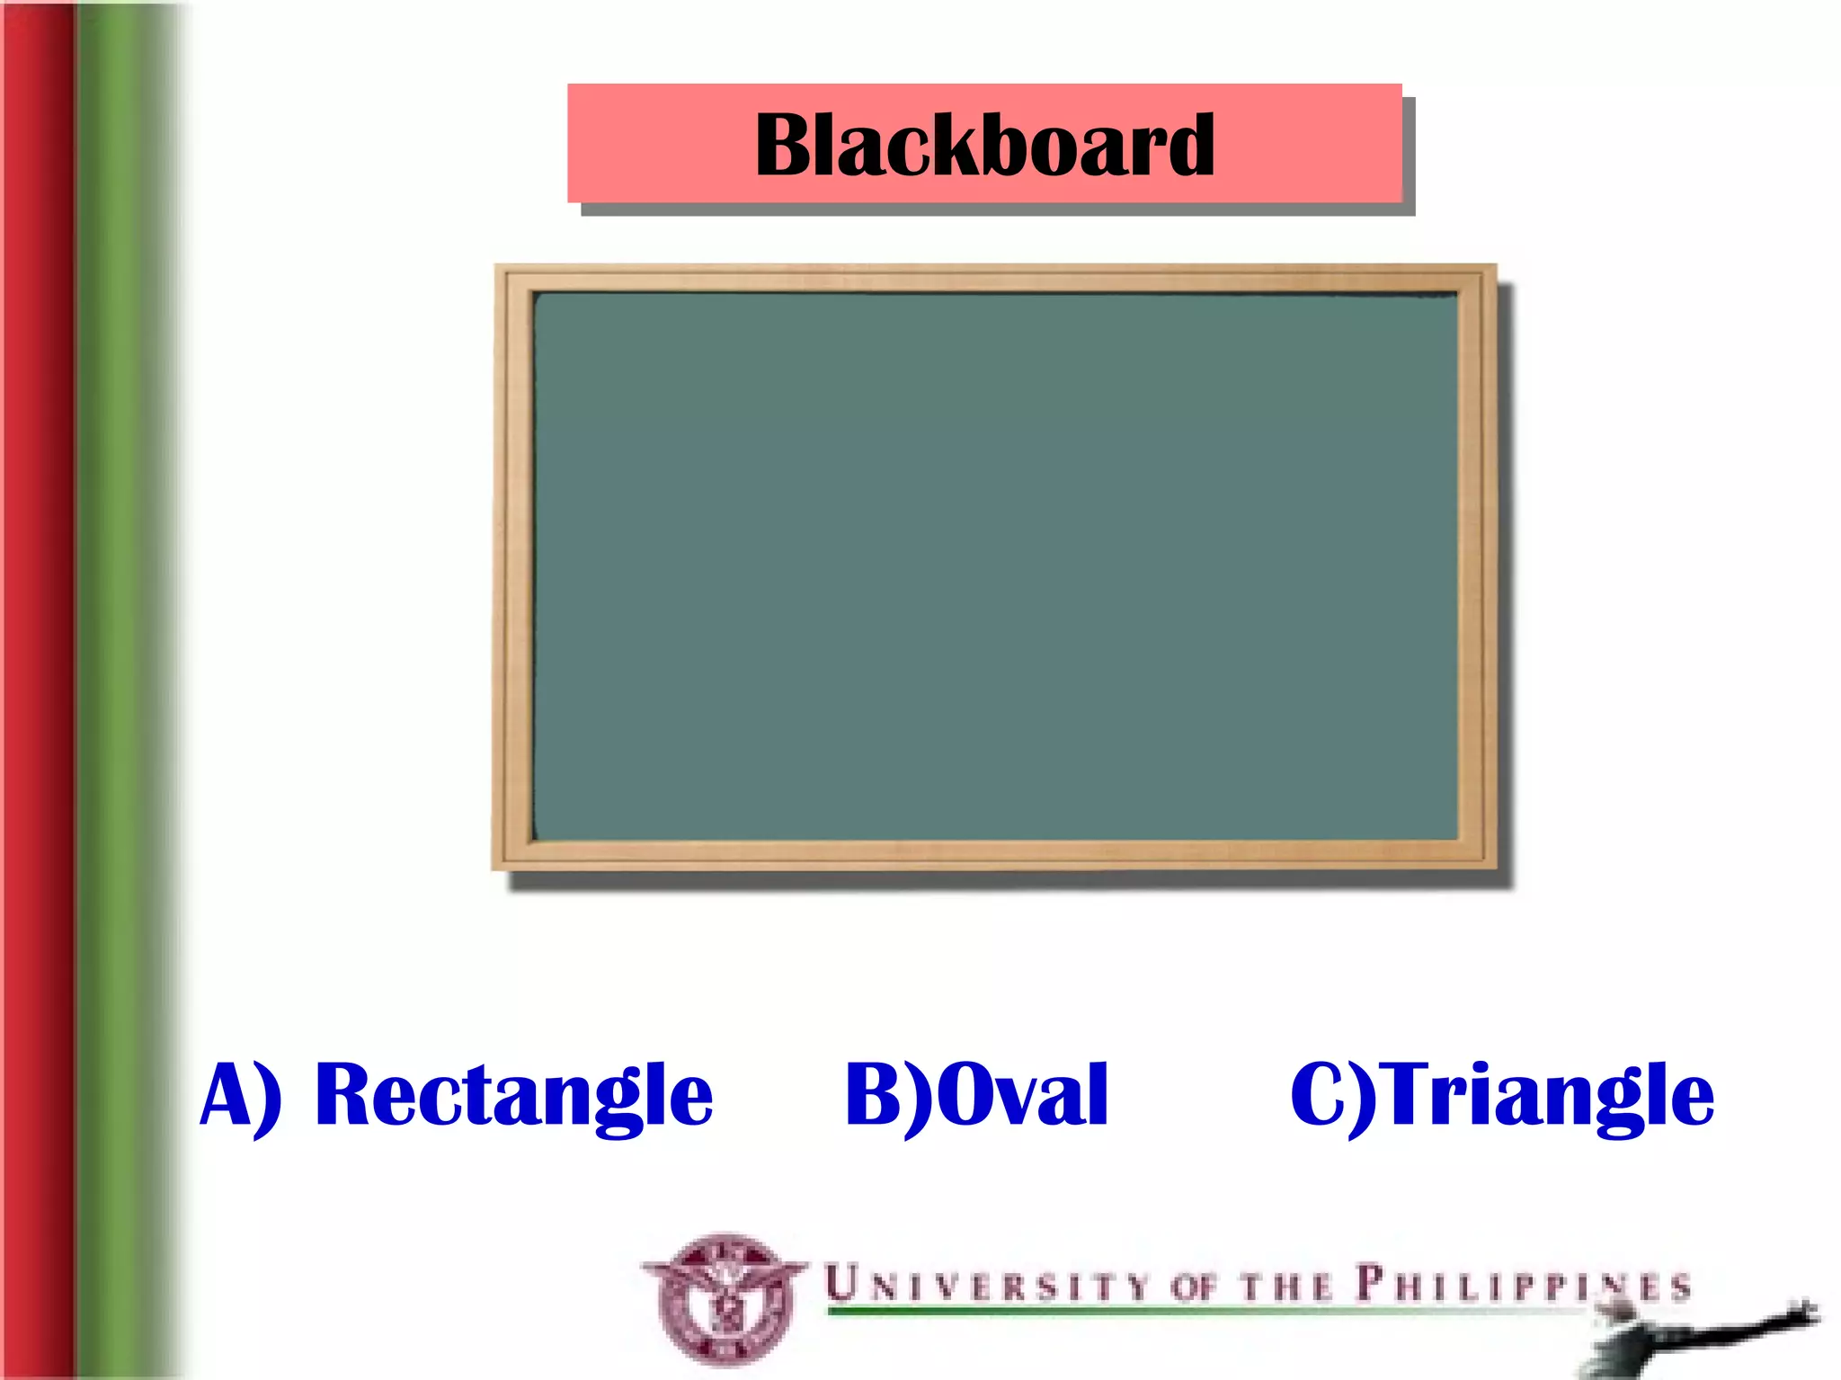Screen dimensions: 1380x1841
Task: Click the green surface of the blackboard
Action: pyautogui.click(x=994, y=566)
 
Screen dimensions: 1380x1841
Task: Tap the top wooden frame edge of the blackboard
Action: pyautogui.click(x=994, y=279)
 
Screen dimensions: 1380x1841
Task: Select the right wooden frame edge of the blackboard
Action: pyautogui.click(x=1476, y=566)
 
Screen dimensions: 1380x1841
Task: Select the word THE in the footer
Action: pyautogui.click(x=1286, y=1287)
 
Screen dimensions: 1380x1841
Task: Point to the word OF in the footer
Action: pyautogui.click(x=1194, y=1287)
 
